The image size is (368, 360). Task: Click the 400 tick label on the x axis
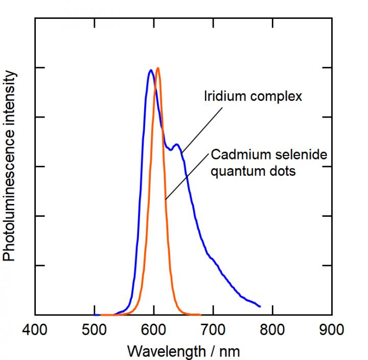[x=35, y=329]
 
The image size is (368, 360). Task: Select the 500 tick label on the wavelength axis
[x=95, y=329]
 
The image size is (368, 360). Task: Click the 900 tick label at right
[x=331, y=329]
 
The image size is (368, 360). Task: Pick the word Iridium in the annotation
[x=222, y=96]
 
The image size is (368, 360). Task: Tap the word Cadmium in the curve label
[x=236, y=154]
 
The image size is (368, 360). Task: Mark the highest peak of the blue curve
[x=151, y=71]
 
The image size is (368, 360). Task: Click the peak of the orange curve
[x=158, y=68]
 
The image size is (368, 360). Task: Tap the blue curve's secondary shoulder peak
[x=176, y=145]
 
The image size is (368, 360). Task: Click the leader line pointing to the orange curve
[x=186, y=177]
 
